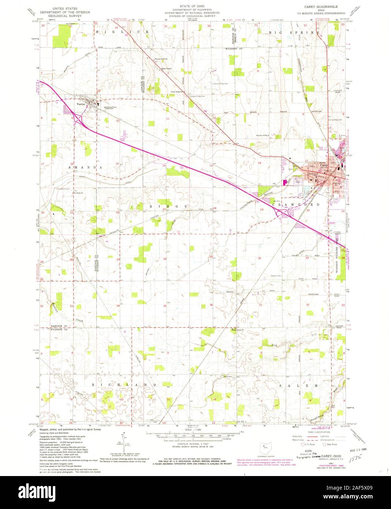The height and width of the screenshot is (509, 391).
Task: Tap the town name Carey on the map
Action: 324,166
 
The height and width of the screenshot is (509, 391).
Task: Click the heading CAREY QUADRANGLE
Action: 321,7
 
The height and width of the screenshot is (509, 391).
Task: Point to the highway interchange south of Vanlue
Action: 78,118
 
